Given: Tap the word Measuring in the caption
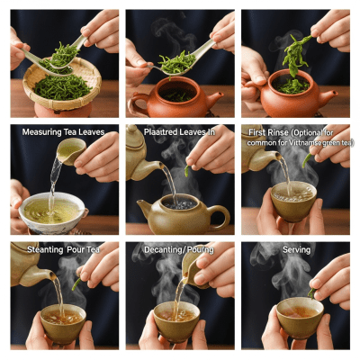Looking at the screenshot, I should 41,132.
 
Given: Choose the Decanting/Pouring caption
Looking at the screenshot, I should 179,248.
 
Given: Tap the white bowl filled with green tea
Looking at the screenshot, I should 52,212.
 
